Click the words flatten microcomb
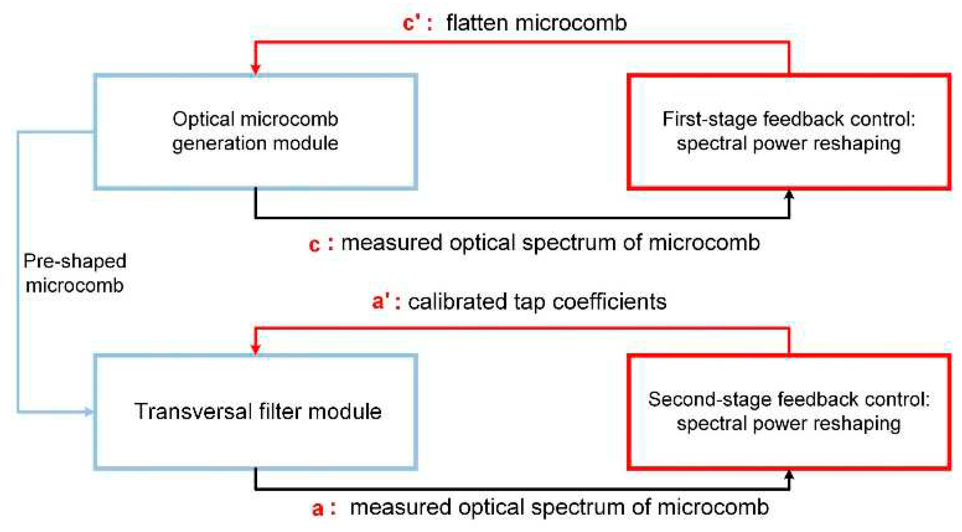pyautogui.click(x=536, y=23)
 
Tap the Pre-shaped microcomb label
pyautogui.click(x=75, y=273)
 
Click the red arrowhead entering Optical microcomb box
pyautogui.click(x=255, y=68)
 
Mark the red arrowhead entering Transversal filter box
pyautogui.click(x=255, y=348)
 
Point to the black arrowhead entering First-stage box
pyautogui.click(x=789, y=196)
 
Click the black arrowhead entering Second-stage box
pyautogui.click(x=789, y=476)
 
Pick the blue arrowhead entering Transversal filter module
pyautogui.click(x=88, y=412)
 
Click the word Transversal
pyautogui.click(x=193, y=412)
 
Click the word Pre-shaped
pyautogui.click(x=75, y=261)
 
